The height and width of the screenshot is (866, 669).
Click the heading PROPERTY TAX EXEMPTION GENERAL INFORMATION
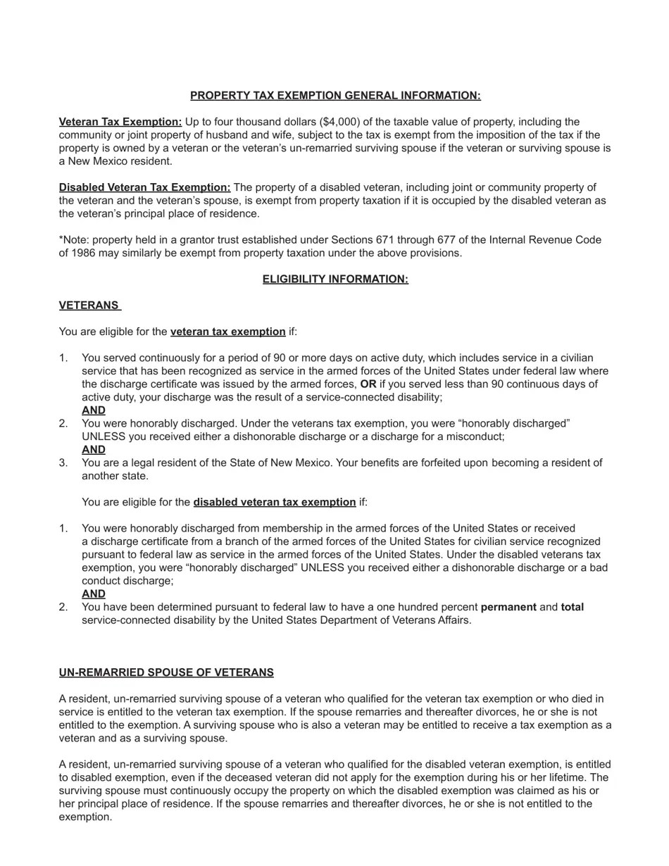pyautogui.click(x=335, y=95)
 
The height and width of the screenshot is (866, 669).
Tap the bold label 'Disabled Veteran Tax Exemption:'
pyautogui.click(x=144, y=187)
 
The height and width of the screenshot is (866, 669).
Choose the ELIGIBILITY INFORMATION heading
pyautogui.click(x=335, y=279)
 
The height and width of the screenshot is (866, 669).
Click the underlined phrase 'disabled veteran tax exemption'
pyautogui.click(x=274, y=502)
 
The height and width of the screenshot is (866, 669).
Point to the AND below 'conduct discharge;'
pyautogui.click(x=94, y=594)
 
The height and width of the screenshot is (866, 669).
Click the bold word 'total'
pyautogui.click(x=572, y=607)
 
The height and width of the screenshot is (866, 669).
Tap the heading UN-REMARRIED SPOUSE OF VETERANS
pyautogui.click(x=166, y=672)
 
